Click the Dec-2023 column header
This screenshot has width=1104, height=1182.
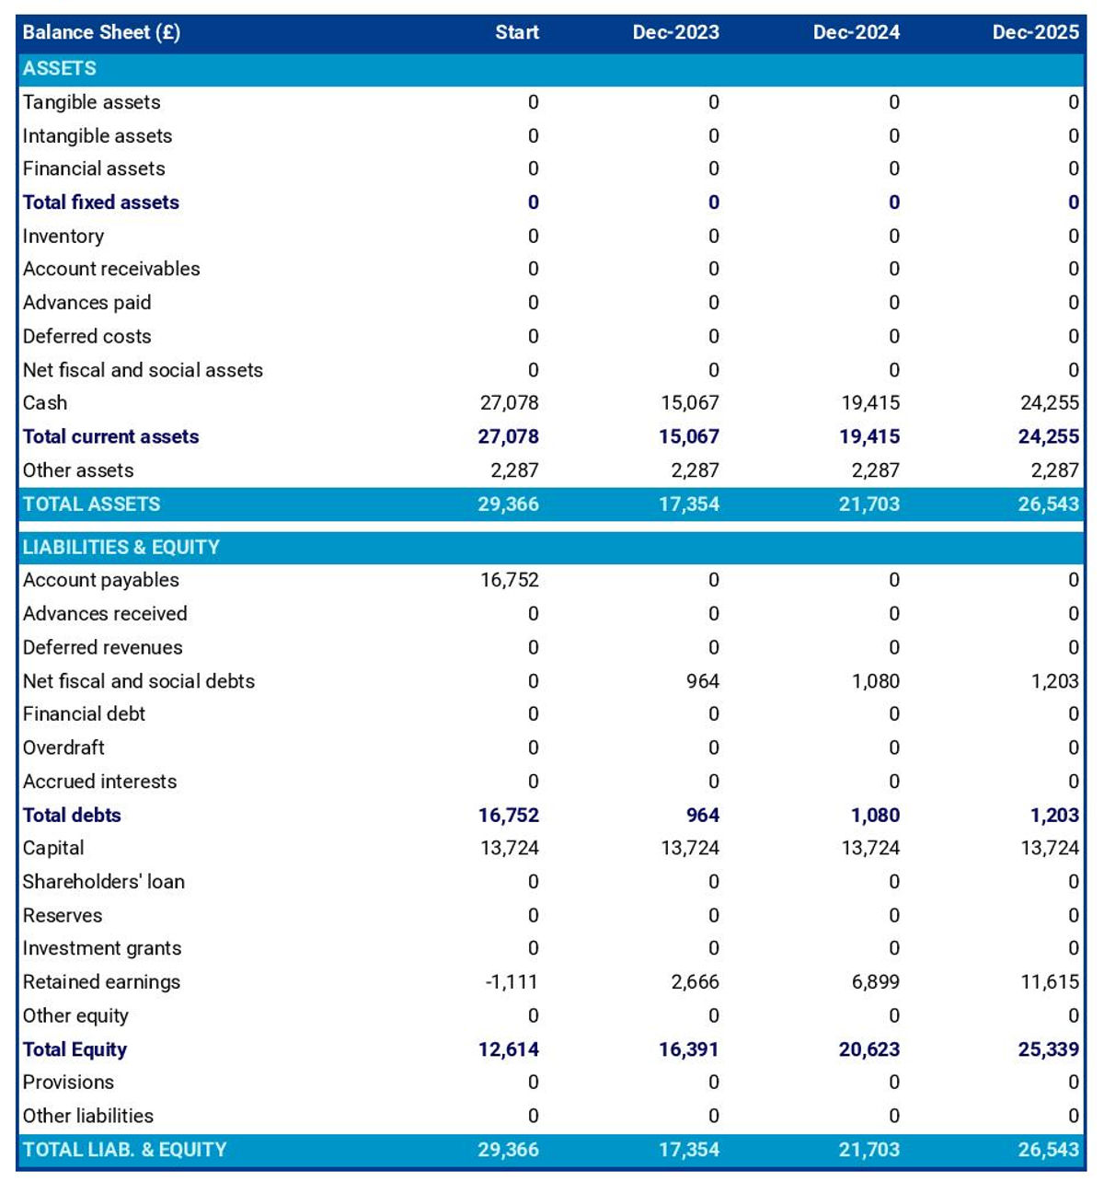coord(675,32)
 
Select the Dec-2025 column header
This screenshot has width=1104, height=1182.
coord(1036,32)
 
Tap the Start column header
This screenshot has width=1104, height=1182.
coord(517,32)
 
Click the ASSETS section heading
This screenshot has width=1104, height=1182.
coord(60,68)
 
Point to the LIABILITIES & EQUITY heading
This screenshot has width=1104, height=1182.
coord(121,547)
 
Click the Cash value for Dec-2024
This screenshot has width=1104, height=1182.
coord(870,403)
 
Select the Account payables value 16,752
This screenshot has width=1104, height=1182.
coord(510,580)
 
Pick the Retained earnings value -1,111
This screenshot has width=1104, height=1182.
coord(512,981)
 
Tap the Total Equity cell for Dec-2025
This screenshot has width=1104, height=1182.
coord(1049,1049)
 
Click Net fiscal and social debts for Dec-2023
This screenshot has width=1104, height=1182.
coord(703,681)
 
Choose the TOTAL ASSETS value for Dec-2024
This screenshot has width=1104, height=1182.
coord(869,504)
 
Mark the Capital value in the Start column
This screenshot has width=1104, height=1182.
coord(510,848)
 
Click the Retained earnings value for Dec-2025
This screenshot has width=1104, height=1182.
coord(1050,981)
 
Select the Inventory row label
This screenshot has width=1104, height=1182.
coord(63,237)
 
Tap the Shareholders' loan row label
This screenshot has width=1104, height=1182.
coord(103,882)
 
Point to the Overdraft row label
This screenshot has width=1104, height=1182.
coord(63,747)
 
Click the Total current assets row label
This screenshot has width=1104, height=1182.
coord(110,436)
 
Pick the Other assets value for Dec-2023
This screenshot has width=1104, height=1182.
coord(696,470)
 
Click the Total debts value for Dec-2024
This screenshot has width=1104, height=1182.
coord(876,815)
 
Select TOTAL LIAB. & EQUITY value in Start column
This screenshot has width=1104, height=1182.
coord(509,1149)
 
